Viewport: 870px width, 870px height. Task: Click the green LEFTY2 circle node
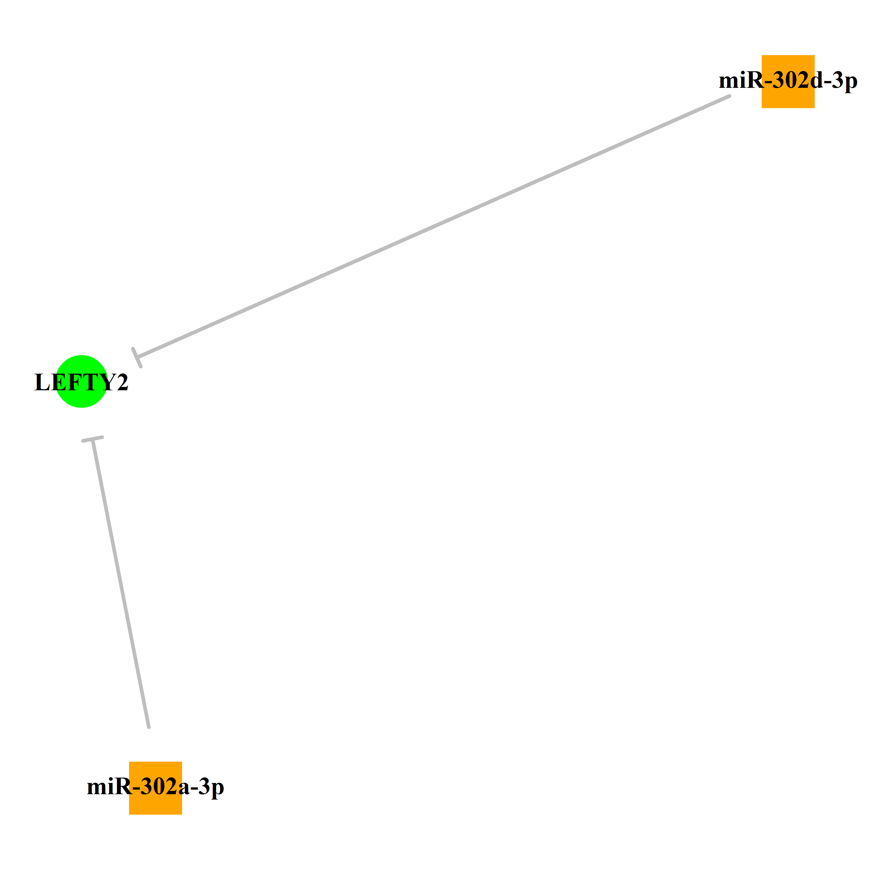(81, 381)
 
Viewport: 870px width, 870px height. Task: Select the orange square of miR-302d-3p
(788, 81)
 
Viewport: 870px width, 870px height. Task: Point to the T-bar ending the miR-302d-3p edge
(137, 358)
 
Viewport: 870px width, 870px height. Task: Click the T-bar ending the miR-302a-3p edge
(92, 439)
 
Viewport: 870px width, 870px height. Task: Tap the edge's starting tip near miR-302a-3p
(149, 727)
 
